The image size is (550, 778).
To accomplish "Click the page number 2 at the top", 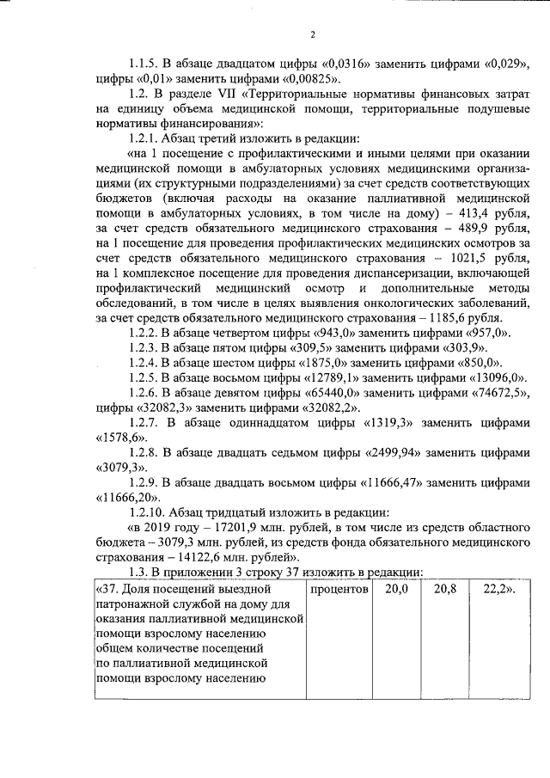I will [313, 35].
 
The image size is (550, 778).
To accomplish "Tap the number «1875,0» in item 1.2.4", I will [309, 364].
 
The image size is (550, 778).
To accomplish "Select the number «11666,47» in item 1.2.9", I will [402, 482].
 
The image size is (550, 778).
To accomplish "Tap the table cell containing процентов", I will [340, 590].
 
